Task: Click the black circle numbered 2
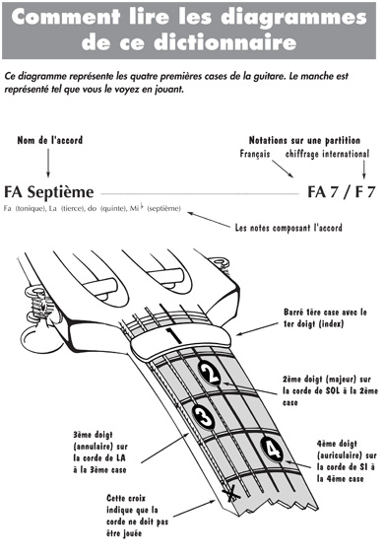[x=210, y=373]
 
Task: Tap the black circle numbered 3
[x=204, y=415]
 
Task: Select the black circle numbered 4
[x=273, y=450]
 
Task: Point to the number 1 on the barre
[x=174, y=336]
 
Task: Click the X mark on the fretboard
[x=231, y=493]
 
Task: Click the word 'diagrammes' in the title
[x=293, y=18]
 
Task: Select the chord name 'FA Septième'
[x=49, y=192]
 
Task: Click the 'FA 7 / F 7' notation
[x=342, y=192]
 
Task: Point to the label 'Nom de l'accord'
[x=50, y=140]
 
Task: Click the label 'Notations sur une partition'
[x=304, y=140]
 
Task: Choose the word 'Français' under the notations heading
[x=255, y=154]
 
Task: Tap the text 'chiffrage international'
[x=327, y=154]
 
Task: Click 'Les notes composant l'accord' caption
[x=288, y=228]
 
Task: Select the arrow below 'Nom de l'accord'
[x=48, y=163]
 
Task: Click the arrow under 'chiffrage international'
[x=363, y=170]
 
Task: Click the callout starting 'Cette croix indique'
[x=137, y=516]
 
